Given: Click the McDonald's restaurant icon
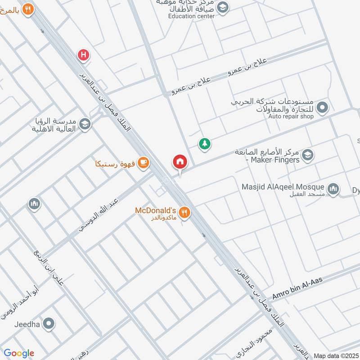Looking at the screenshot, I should point(184,212).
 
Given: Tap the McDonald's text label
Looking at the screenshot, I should point(155,210).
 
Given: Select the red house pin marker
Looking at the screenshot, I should point(180,162).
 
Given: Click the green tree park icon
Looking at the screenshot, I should point(205,144).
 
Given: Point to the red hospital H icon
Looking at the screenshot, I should point(83,55).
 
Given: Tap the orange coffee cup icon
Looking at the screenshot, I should point(144,162).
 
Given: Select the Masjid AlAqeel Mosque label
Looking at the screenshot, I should point(283,187).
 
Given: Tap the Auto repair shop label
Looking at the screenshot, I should point(291,117).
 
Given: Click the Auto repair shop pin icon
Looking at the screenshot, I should point(322,108).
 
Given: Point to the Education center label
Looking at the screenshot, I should point(191,16).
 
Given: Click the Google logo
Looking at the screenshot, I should point(18,353).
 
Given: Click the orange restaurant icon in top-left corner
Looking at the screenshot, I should point(28,9).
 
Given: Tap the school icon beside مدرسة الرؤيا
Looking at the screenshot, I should point(84,124).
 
